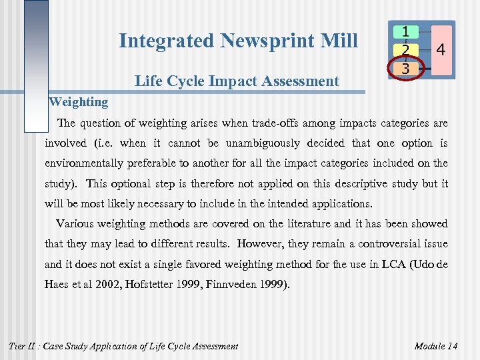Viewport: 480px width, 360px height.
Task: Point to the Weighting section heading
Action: (x=79, y=102)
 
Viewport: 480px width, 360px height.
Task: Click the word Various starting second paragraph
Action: (x=75, y=224)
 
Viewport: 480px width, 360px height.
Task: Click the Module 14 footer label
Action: (x=436, y=345)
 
